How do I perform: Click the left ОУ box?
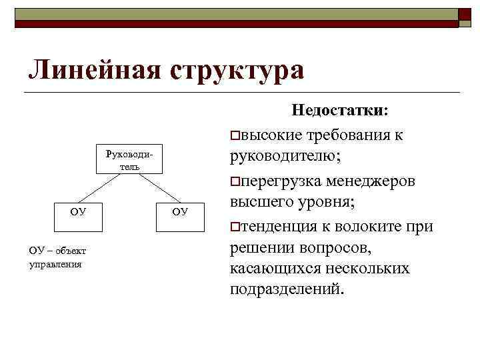[x=78, y=212]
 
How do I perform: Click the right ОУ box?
[x=180, y=212]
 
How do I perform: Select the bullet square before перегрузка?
[x=234, y=182]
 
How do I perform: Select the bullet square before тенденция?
[x=234, y=227]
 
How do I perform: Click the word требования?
[x=347, y=136]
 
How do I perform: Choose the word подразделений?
[x=288, y=291]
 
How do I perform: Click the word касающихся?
[x=274, y=269]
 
